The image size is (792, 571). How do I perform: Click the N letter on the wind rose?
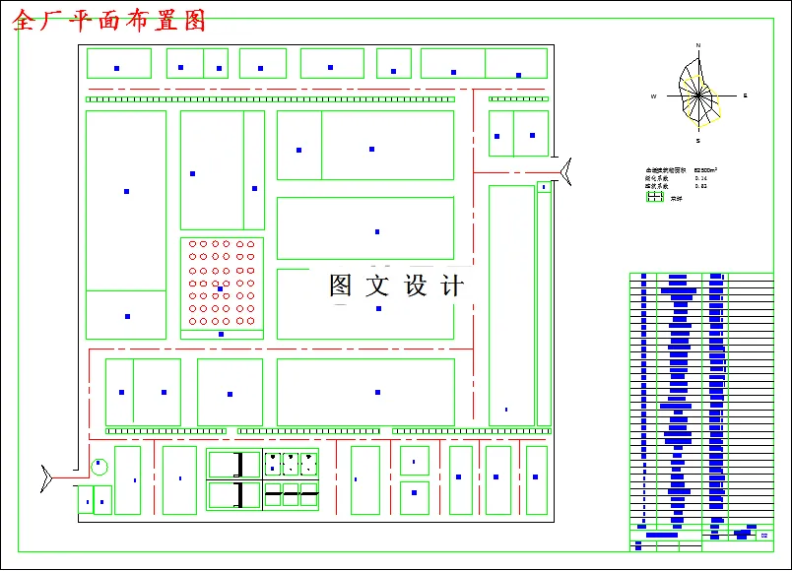698,46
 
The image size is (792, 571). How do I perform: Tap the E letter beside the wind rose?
745,95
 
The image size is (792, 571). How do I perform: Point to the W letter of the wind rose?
653,96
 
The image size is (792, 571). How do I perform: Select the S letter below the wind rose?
697,141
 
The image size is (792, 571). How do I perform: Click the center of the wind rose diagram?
698,95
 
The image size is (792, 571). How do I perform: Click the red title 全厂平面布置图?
109,21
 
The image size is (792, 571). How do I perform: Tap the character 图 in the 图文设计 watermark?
340,285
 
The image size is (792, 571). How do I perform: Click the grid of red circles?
221,283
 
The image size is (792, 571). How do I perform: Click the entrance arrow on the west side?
46,477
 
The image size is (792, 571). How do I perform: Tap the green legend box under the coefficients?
655,197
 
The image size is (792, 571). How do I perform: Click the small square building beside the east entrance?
543,186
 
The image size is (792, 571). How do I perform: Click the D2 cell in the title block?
763,535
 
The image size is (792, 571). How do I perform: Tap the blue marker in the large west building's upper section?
126,191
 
